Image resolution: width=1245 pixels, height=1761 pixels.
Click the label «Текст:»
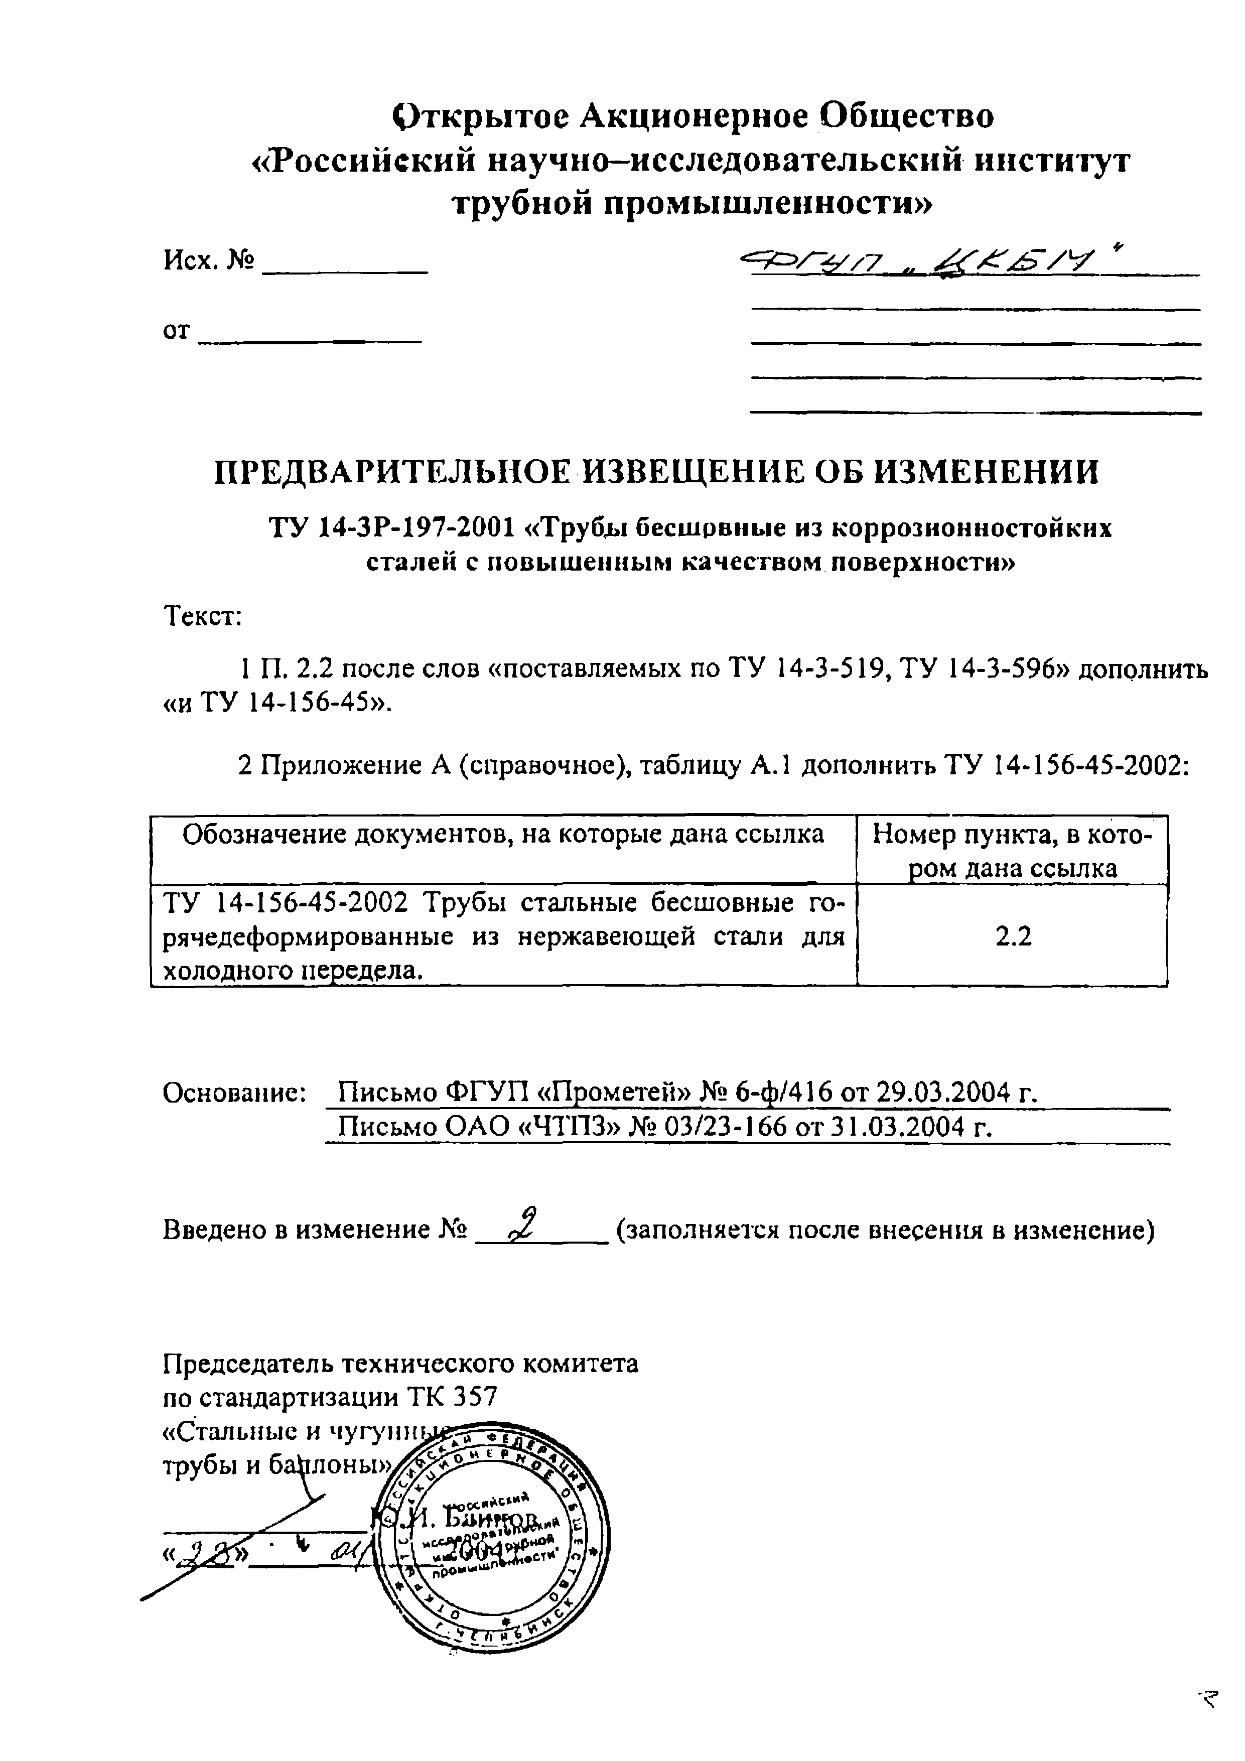coord(203,616)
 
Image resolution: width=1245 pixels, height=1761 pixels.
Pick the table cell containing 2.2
coord(1013,936)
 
